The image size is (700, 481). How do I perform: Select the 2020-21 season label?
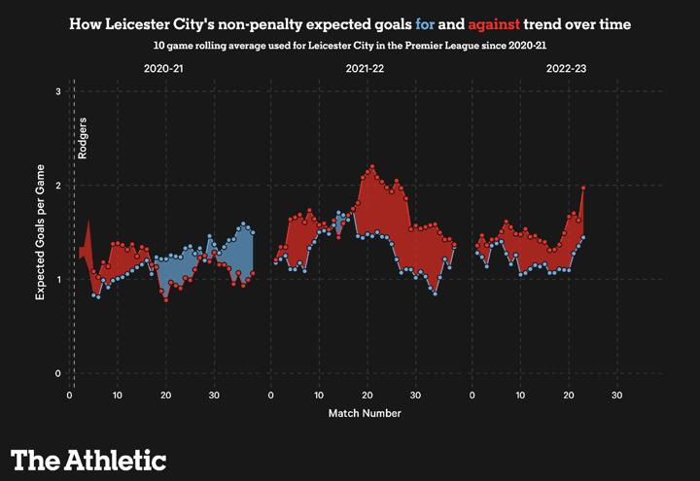[163, 69]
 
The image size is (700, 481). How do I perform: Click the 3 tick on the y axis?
[58, 92]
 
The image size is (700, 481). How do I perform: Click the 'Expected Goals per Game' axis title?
[41, 233]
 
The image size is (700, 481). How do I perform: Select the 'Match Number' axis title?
[365, 413]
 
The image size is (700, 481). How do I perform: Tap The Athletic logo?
[88, 460]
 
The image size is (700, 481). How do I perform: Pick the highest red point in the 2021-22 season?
[371, 167]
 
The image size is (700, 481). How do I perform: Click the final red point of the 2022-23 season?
[583, 188]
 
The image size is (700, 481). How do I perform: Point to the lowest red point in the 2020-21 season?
[166, 300]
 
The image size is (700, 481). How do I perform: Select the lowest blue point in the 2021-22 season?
[435, 293]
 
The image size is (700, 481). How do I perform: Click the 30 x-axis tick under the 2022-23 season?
[616, 395]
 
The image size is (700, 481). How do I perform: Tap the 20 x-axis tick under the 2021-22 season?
[367, 395]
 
